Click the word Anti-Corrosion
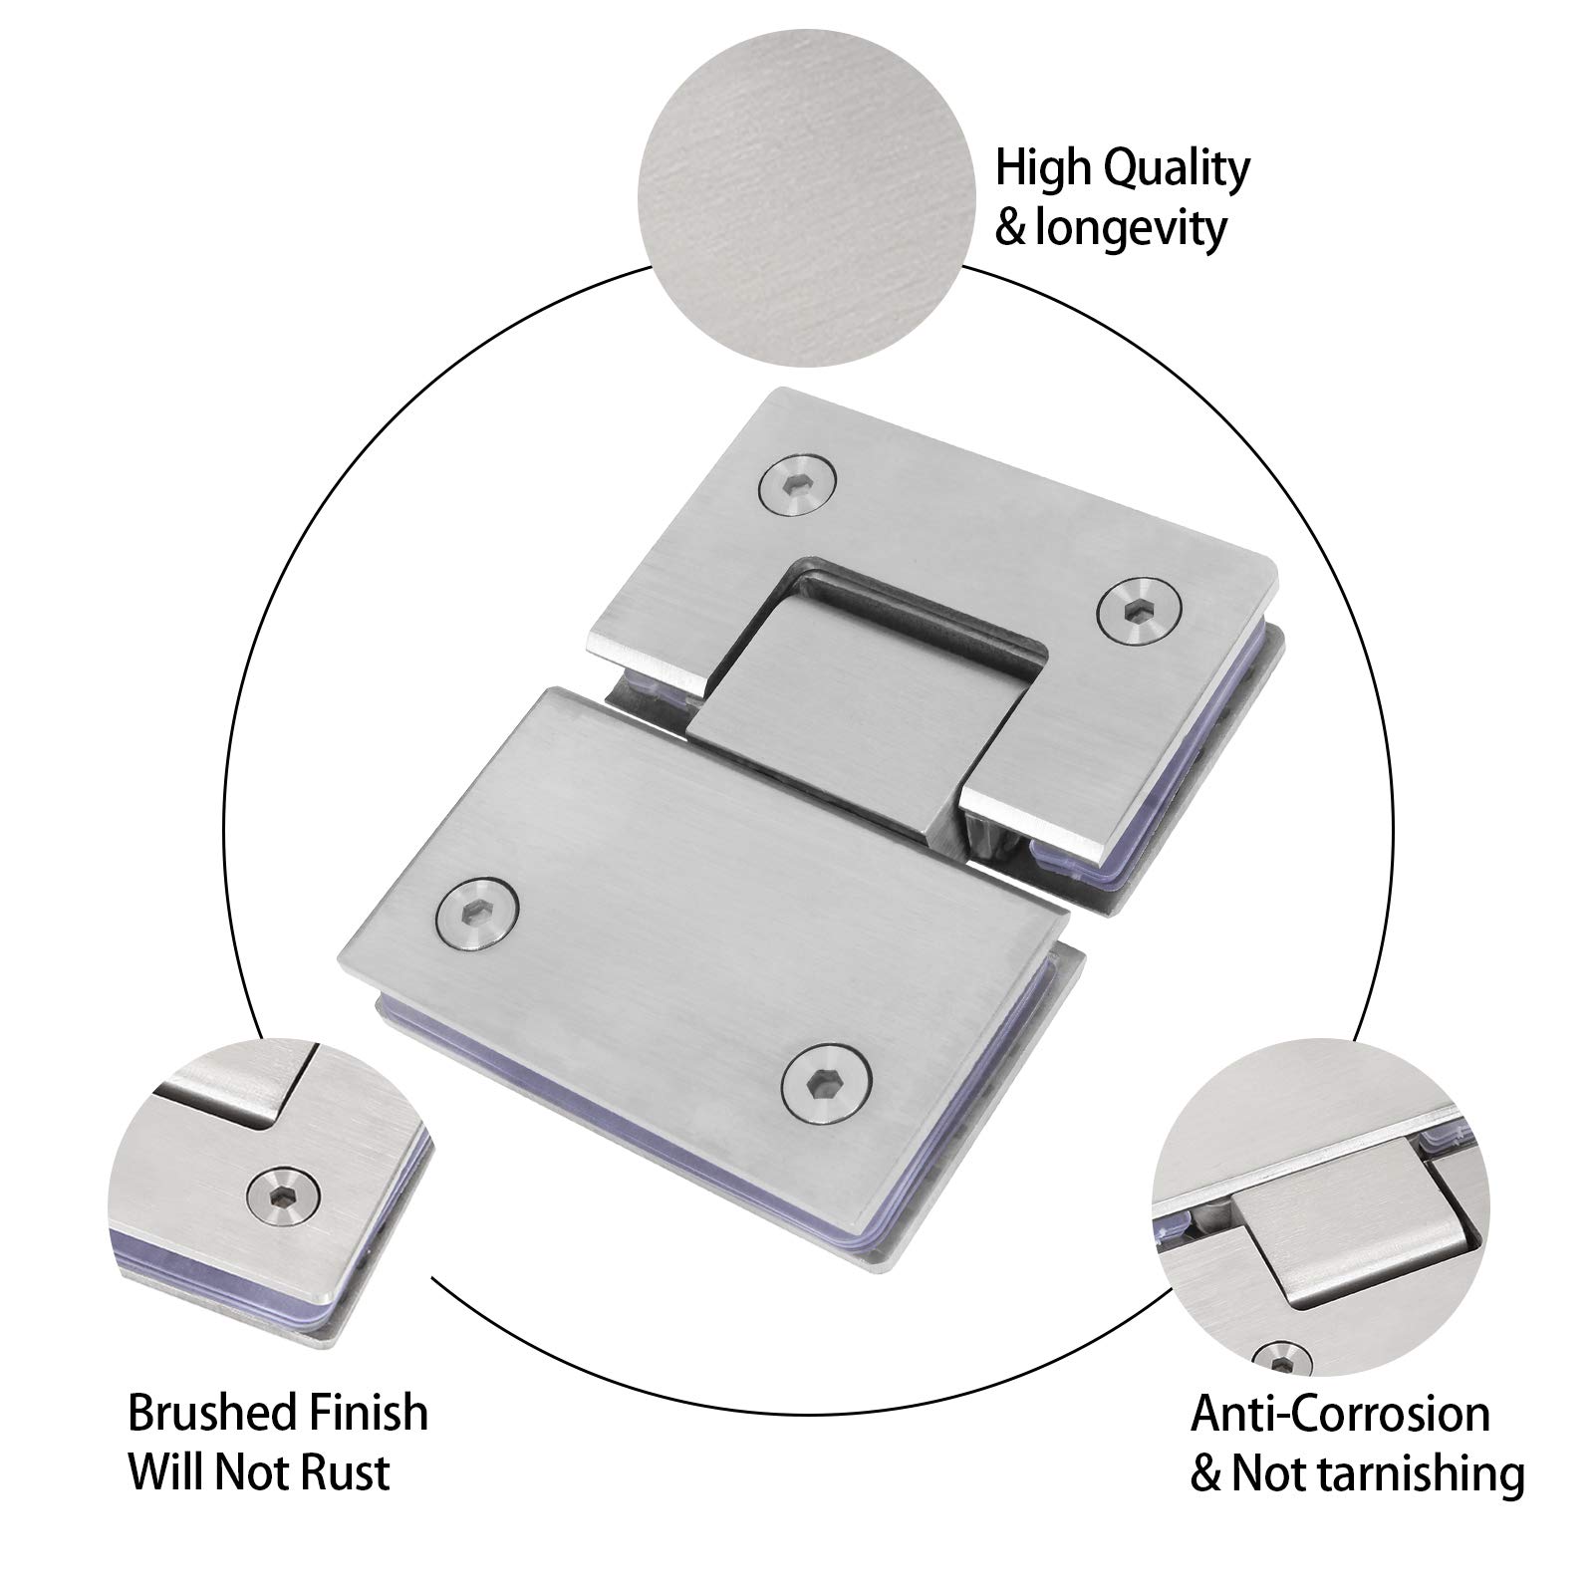point(1340,1414)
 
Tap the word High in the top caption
point(1037,169)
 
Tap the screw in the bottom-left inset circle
point(272,1191)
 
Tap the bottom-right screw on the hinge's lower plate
point(826,1084)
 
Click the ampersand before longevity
point(1010,229)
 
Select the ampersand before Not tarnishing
point(1206,1474)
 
